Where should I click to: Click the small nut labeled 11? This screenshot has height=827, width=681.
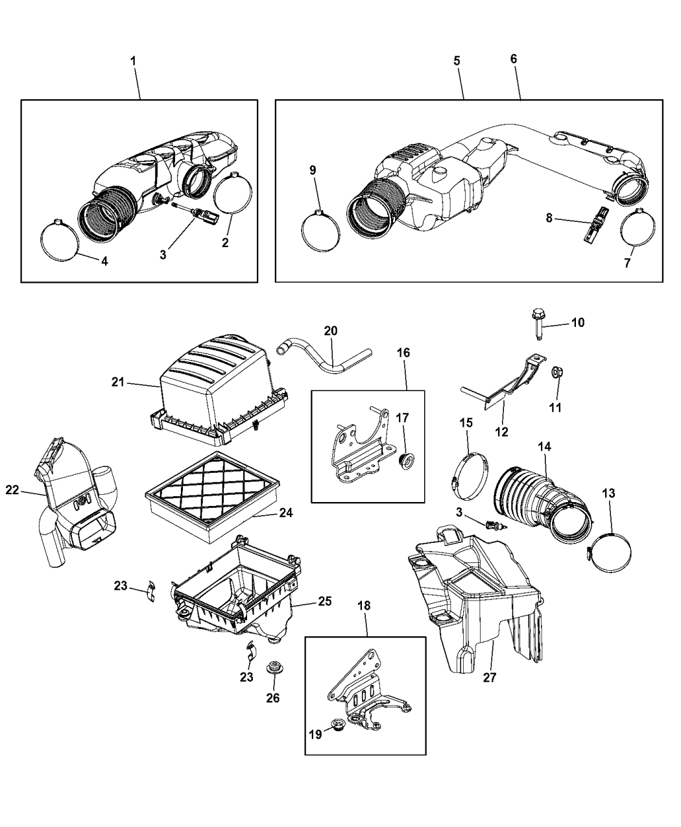556,373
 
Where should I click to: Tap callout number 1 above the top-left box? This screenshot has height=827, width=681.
133,60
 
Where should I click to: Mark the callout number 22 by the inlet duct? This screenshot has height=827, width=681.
12,490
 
